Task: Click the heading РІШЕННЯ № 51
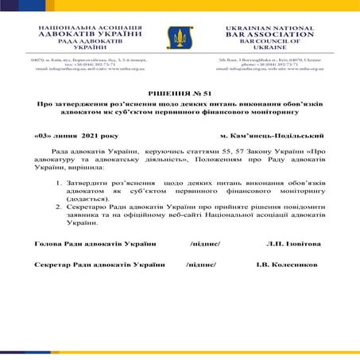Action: coord(180,94)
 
